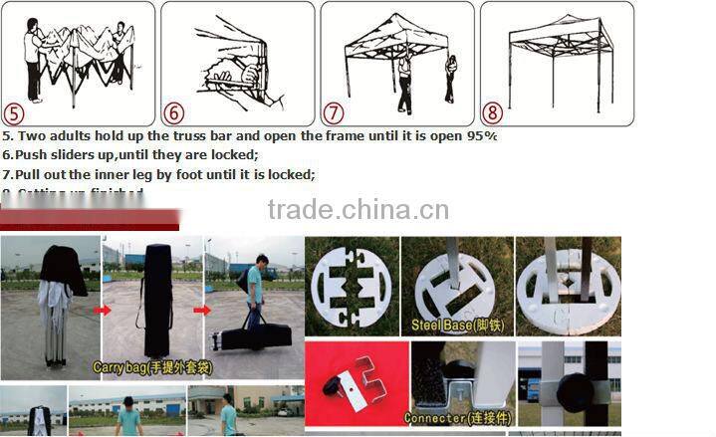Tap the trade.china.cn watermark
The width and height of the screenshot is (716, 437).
point(358,210)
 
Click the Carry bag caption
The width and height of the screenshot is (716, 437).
point(151,366)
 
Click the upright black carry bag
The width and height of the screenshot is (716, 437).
point(158,299)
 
